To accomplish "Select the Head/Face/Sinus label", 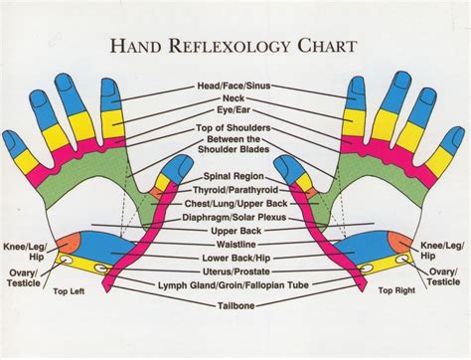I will tap(235, 87).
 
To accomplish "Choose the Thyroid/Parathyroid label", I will tap(235, 188).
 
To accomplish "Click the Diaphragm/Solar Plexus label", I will tap(235, 216).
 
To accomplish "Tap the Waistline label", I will tap(235, 245).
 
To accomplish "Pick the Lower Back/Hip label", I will tap(235, 259).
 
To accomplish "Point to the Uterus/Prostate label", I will tap(235, 272).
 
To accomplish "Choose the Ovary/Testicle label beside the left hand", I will tap(22, 275).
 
